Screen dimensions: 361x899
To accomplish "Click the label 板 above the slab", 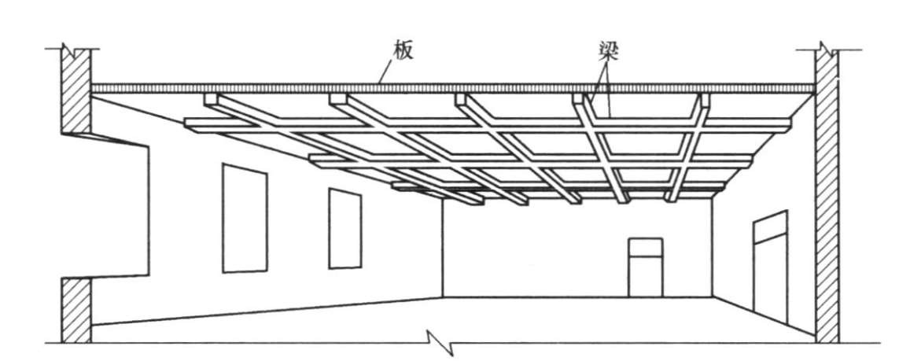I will (x=400, y=53).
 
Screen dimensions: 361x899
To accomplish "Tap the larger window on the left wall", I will (x=245, y=218).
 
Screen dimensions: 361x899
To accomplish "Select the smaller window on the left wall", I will (x=344, y=228).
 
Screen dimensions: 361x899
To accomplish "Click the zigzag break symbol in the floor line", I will (x=435, y=341).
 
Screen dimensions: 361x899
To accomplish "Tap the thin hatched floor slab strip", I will (x=452, y=88).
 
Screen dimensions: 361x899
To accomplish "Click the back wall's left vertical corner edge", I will (x=443, y=247).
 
